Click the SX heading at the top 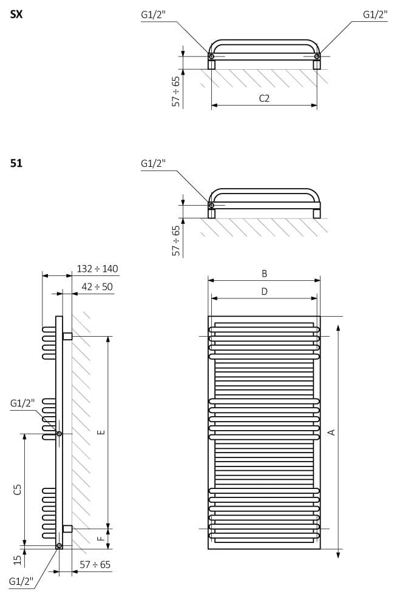[x=16, y=14]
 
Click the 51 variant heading [x=16, y=163]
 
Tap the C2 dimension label [x=264, y=98]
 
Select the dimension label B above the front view [x=264, y=274]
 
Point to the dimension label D [x=264, y=292]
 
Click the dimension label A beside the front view [x=331, y=433]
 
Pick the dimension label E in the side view [x=101, y=433]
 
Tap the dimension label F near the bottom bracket [x=101, y=539]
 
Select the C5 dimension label [x=18, y=489]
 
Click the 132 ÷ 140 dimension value [x=97, y=269]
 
